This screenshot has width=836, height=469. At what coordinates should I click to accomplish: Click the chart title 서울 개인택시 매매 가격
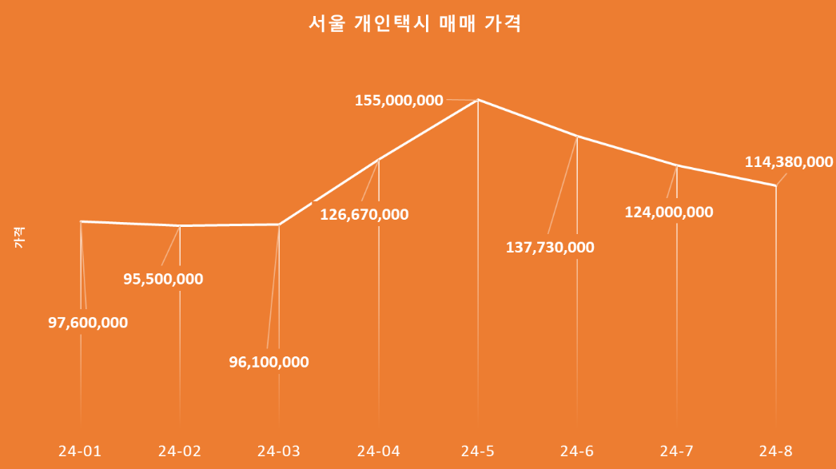coord(415,23)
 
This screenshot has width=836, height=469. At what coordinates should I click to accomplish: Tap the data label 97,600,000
coord(88,323)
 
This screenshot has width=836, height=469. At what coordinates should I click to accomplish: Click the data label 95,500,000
coord(163,279)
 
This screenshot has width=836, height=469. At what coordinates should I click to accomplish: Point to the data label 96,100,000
coord(269,362)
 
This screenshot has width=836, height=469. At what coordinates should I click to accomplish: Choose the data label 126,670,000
coord(364,214)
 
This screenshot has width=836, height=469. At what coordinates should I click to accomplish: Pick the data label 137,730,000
coord(550,247)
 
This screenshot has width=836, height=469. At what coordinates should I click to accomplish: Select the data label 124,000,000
coord(669,213)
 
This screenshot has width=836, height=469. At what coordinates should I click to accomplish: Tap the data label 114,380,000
coord(789,162)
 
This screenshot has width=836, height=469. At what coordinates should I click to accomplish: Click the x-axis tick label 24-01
coord(80,451)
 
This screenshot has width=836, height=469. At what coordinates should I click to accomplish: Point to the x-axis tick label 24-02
coord(180,451)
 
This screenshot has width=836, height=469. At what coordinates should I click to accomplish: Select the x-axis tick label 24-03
coord(279,451)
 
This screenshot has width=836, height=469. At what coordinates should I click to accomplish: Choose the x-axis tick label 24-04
coord(379,451)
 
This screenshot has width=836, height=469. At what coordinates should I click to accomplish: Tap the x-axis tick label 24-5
coord(478,451)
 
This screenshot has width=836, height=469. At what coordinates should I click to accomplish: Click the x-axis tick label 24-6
coord(577,451)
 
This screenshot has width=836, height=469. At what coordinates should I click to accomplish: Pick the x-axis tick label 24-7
coord(677,451)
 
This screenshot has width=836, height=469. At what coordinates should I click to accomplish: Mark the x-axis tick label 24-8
coord(776,451)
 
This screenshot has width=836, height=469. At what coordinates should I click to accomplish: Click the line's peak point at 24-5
coord(478,100)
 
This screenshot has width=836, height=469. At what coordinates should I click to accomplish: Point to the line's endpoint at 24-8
coord(776,186)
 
